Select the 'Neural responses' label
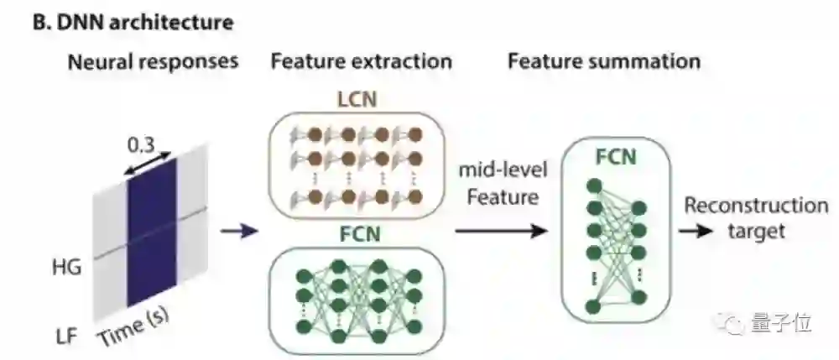[x=153, y=61]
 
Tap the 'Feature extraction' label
[x=361, y=61]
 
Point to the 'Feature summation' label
[x=604, y=61]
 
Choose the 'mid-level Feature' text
[x=503, y=184]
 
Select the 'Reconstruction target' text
[x=756, y=218]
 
